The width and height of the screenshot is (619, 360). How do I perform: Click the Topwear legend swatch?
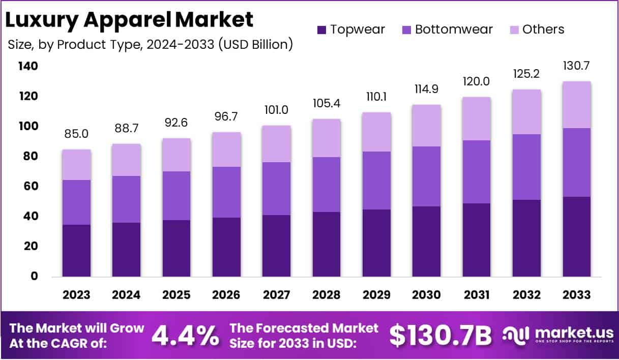pos(321,30)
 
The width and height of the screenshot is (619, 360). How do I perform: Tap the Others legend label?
pos(543,29)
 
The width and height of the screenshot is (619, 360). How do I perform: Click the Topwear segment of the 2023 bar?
pos(77,250)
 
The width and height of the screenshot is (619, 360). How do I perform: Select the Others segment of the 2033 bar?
pos(577,105)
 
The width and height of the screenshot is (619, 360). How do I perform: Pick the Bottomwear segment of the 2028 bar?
pos(327,184)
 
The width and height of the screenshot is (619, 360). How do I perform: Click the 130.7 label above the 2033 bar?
pos(577,66)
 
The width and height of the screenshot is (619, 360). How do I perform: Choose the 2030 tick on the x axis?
pos(427,295)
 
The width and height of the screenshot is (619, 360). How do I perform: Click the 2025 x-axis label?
pos(176,295)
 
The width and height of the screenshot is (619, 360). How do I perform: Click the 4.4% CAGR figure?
pos(186,336)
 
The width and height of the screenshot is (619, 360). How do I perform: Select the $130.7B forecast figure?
pos(440,336)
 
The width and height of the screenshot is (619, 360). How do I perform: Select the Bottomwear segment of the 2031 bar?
pos(477,172)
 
